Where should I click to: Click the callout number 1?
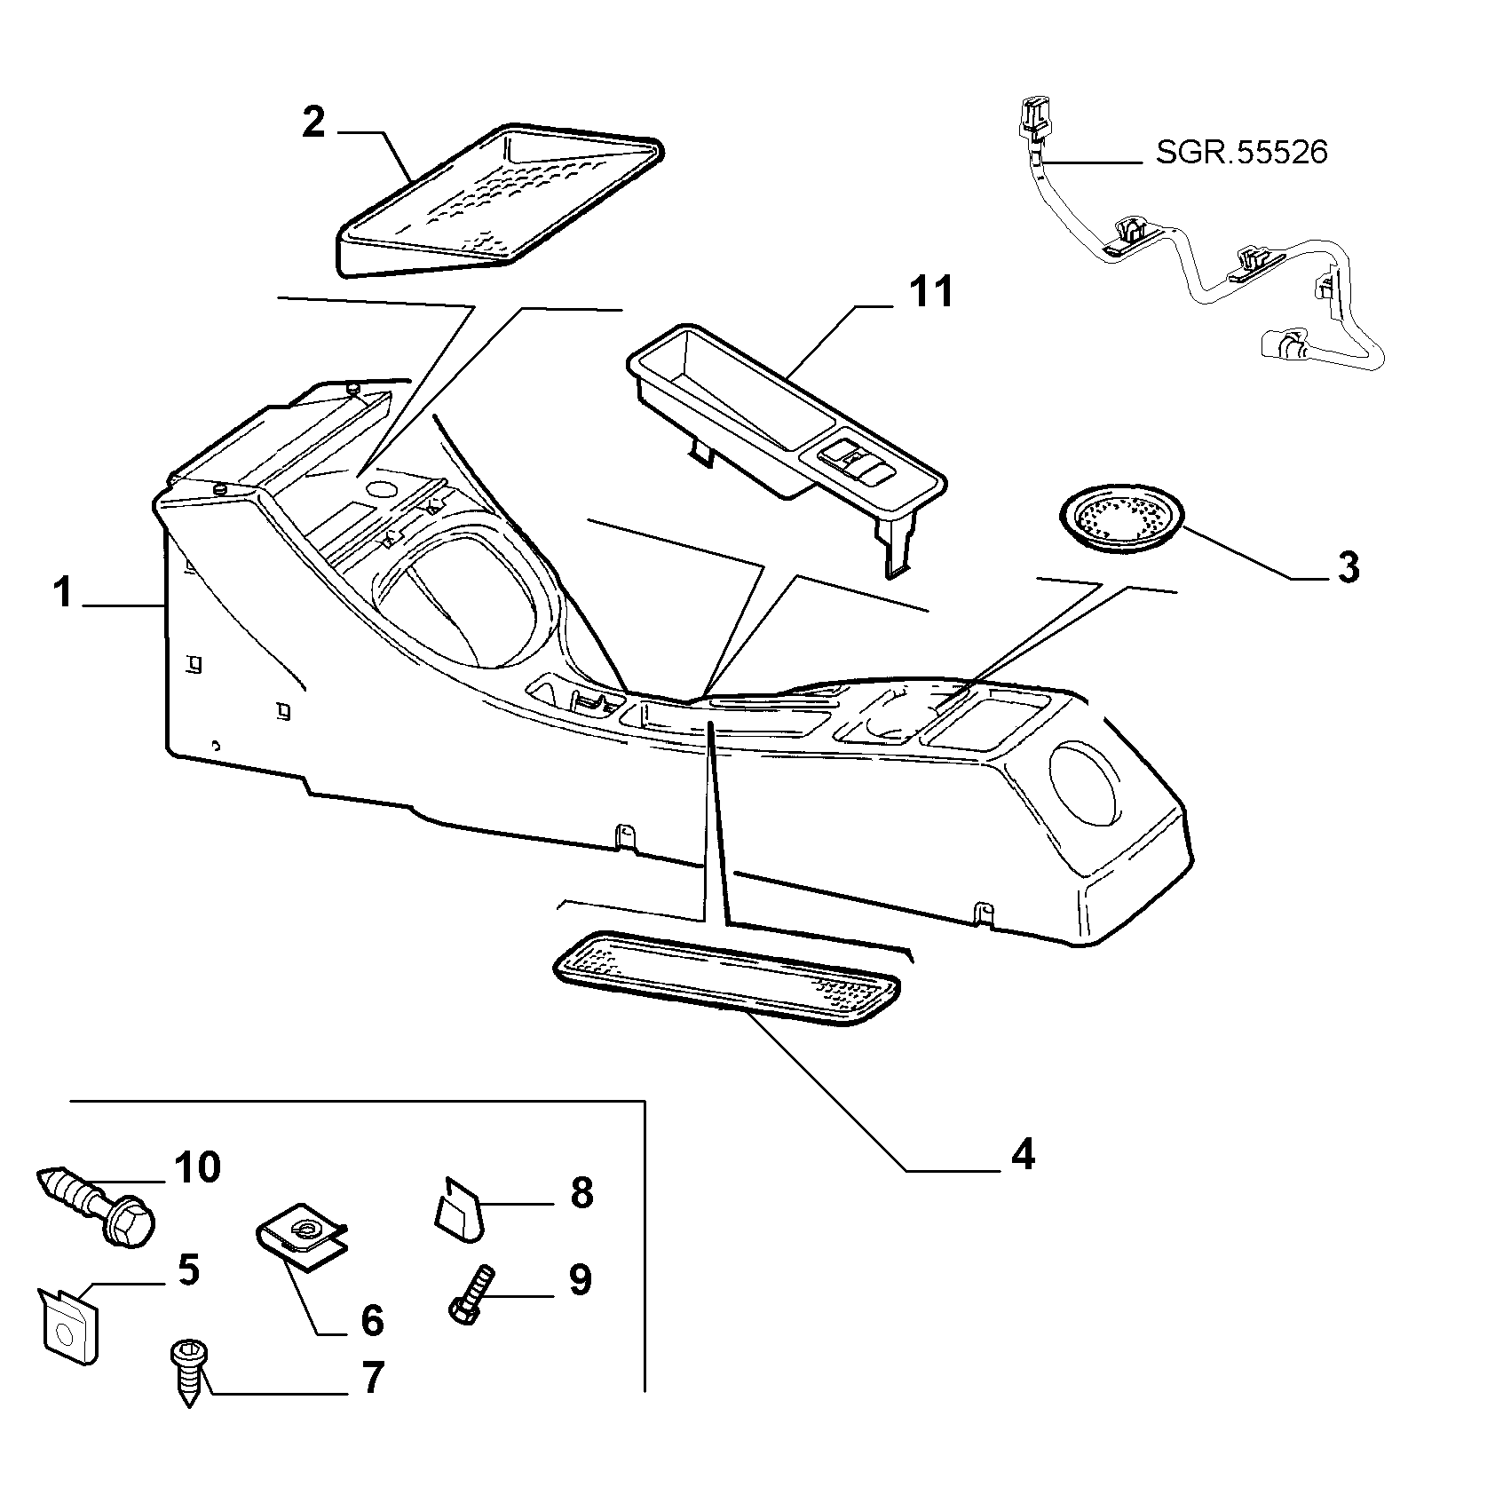click(62, 593)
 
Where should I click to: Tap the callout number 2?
click(313, 123)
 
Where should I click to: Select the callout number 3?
click(1347, 567)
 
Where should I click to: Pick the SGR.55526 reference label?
click(1241, 153)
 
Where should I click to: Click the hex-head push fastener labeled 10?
click(97, 1204)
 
